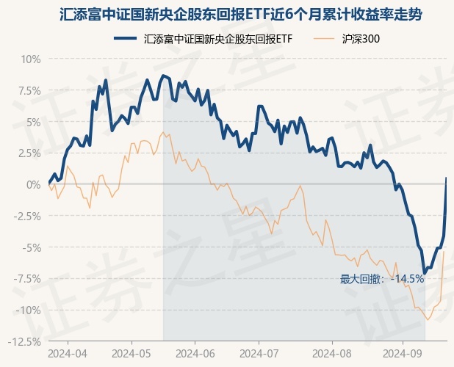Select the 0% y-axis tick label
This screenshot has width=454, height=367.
[33, 184]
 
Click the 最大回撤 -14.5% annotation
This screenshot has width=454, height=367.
[382, 279]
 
